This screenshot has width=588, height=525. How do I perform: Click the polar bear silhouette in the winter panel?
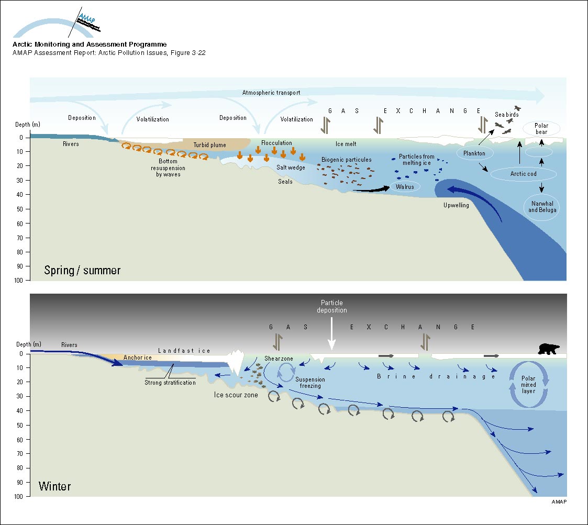[548, 349]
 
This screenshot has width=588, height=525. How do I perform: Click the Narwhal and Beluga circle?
[542, 206]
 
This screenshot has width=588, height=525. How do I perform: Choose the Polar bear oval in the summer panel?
[541, 129]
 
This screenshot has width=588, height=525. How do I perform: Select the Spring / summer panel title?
[82, 271]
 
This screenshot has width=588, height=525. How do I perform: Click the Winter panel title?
[54, 486]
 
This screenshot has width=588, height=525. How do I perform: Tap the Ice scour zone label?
[236, 395]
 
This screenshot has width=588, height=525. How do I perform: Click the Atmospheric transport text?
[271, 93]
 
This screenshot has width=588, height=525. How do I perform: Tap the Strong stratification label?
[170, 383]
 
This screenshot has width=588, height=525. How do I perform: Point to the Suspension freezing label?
[310, 383]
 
